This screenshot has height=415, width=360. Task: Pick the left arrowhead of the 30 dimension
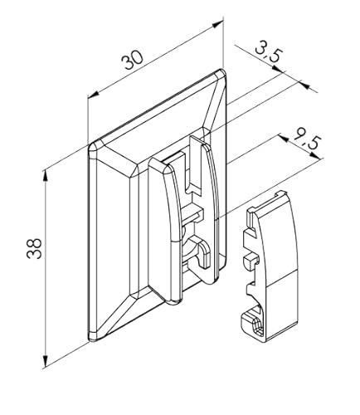tap(89, 97)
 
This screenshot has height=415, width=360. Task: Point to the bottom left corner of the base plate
tap(91, 338)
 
